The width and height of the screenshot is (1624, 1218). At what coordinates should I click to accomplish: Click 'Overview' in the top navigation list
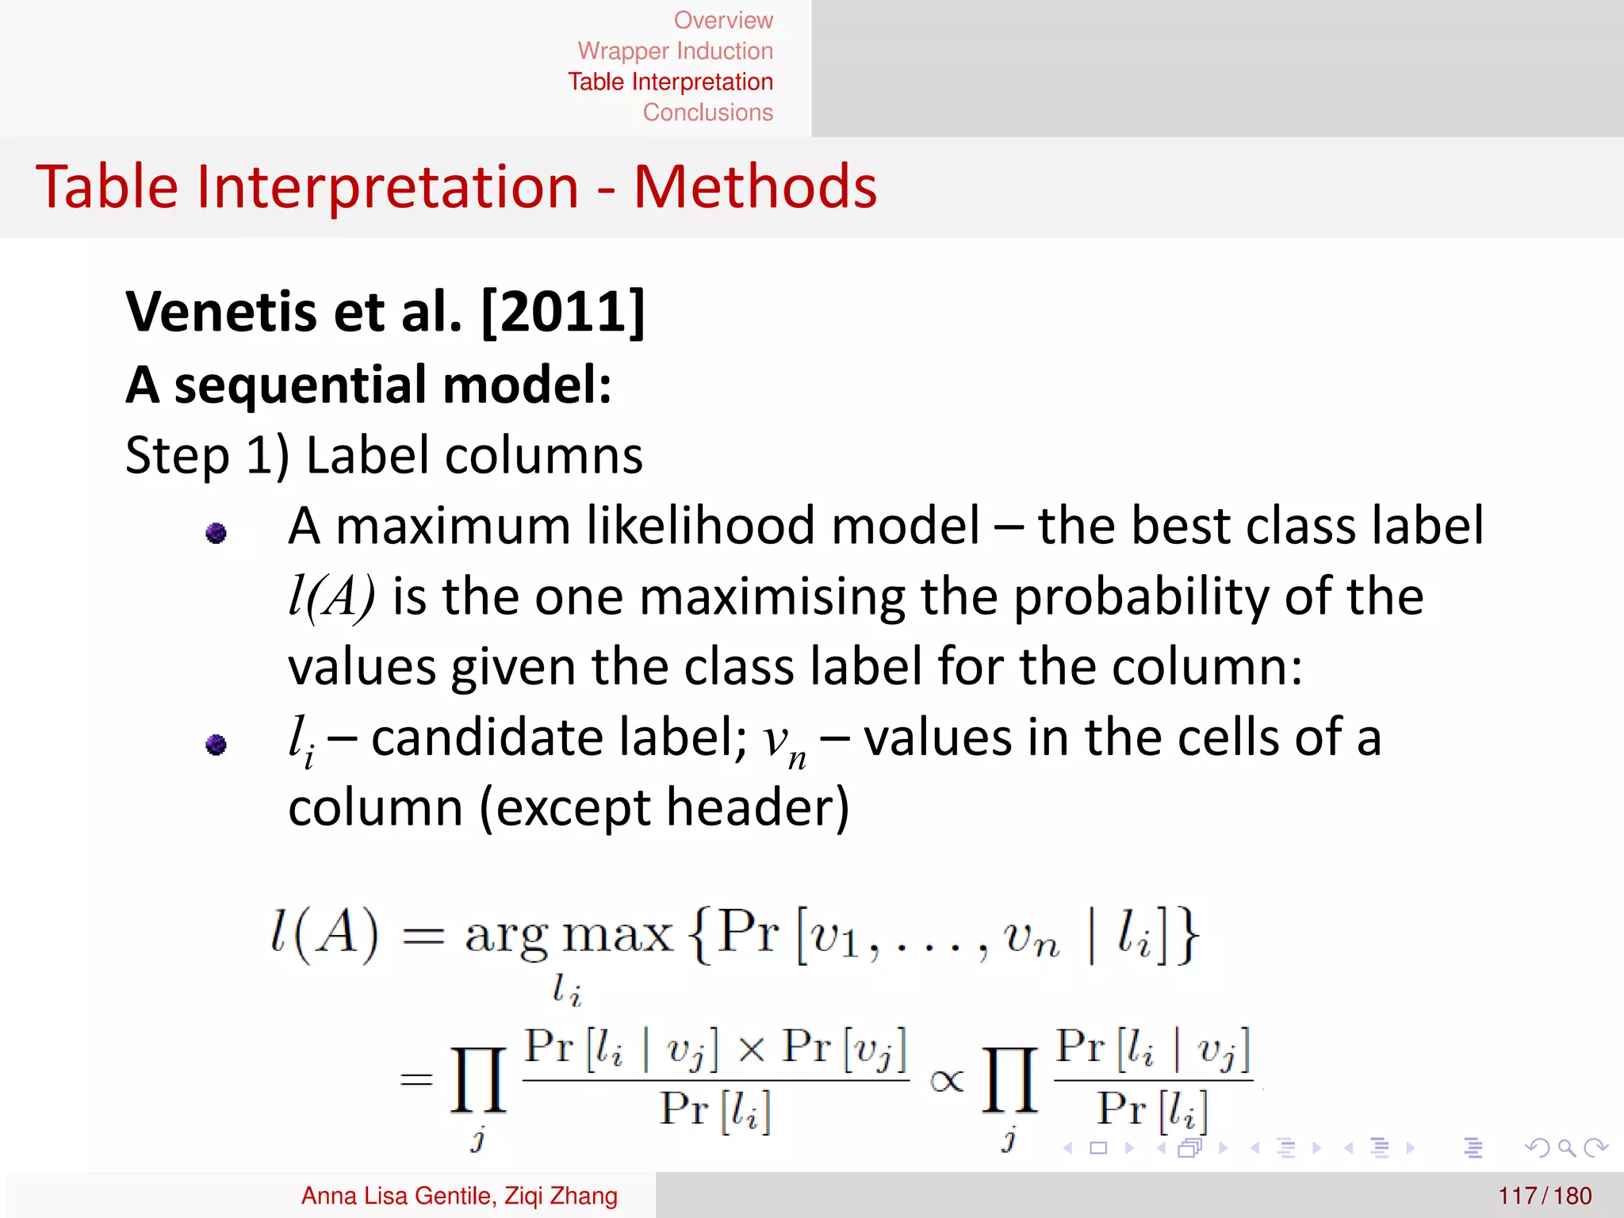[723, 20]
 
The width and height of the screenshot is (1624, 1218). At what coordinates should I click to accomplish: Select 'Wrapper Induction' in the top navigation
[675, 51]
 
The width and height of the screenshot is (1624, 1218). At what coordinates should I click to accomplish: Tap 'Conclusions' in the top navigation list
[707, 113]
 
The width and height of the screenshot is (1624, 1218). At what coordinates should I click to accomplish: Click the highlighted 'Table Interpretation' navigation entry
[670, 82]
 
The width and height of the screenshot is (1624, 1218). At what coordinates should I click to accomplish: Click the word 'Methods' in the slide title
[755, 187]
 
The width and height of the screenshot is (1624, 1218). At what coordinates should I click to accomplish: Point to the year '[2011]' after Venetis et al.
[564, 312]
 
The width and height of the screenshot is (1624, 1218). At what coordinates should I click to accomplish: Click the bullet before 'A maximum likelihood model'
[216, 533]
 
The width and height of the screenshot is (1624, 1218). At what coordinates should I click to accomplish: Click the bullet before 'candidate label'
[216, 745]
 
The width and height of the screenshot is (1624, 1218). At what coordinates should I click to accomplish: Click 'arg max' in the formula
[568, 936]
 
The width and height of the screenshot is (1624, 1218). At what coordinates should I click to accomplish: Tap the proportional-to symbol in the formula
[946, 1081]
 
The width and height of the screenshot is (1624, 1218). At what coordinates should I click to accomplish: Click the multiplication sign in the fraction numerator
[751, 1049]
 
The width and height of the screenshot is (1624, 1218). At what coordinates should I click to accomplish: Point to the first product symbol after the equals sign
[478, 1080]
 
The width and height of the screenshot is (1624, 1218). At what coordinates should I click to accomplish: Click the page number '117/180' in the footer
[1545, 1196]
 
